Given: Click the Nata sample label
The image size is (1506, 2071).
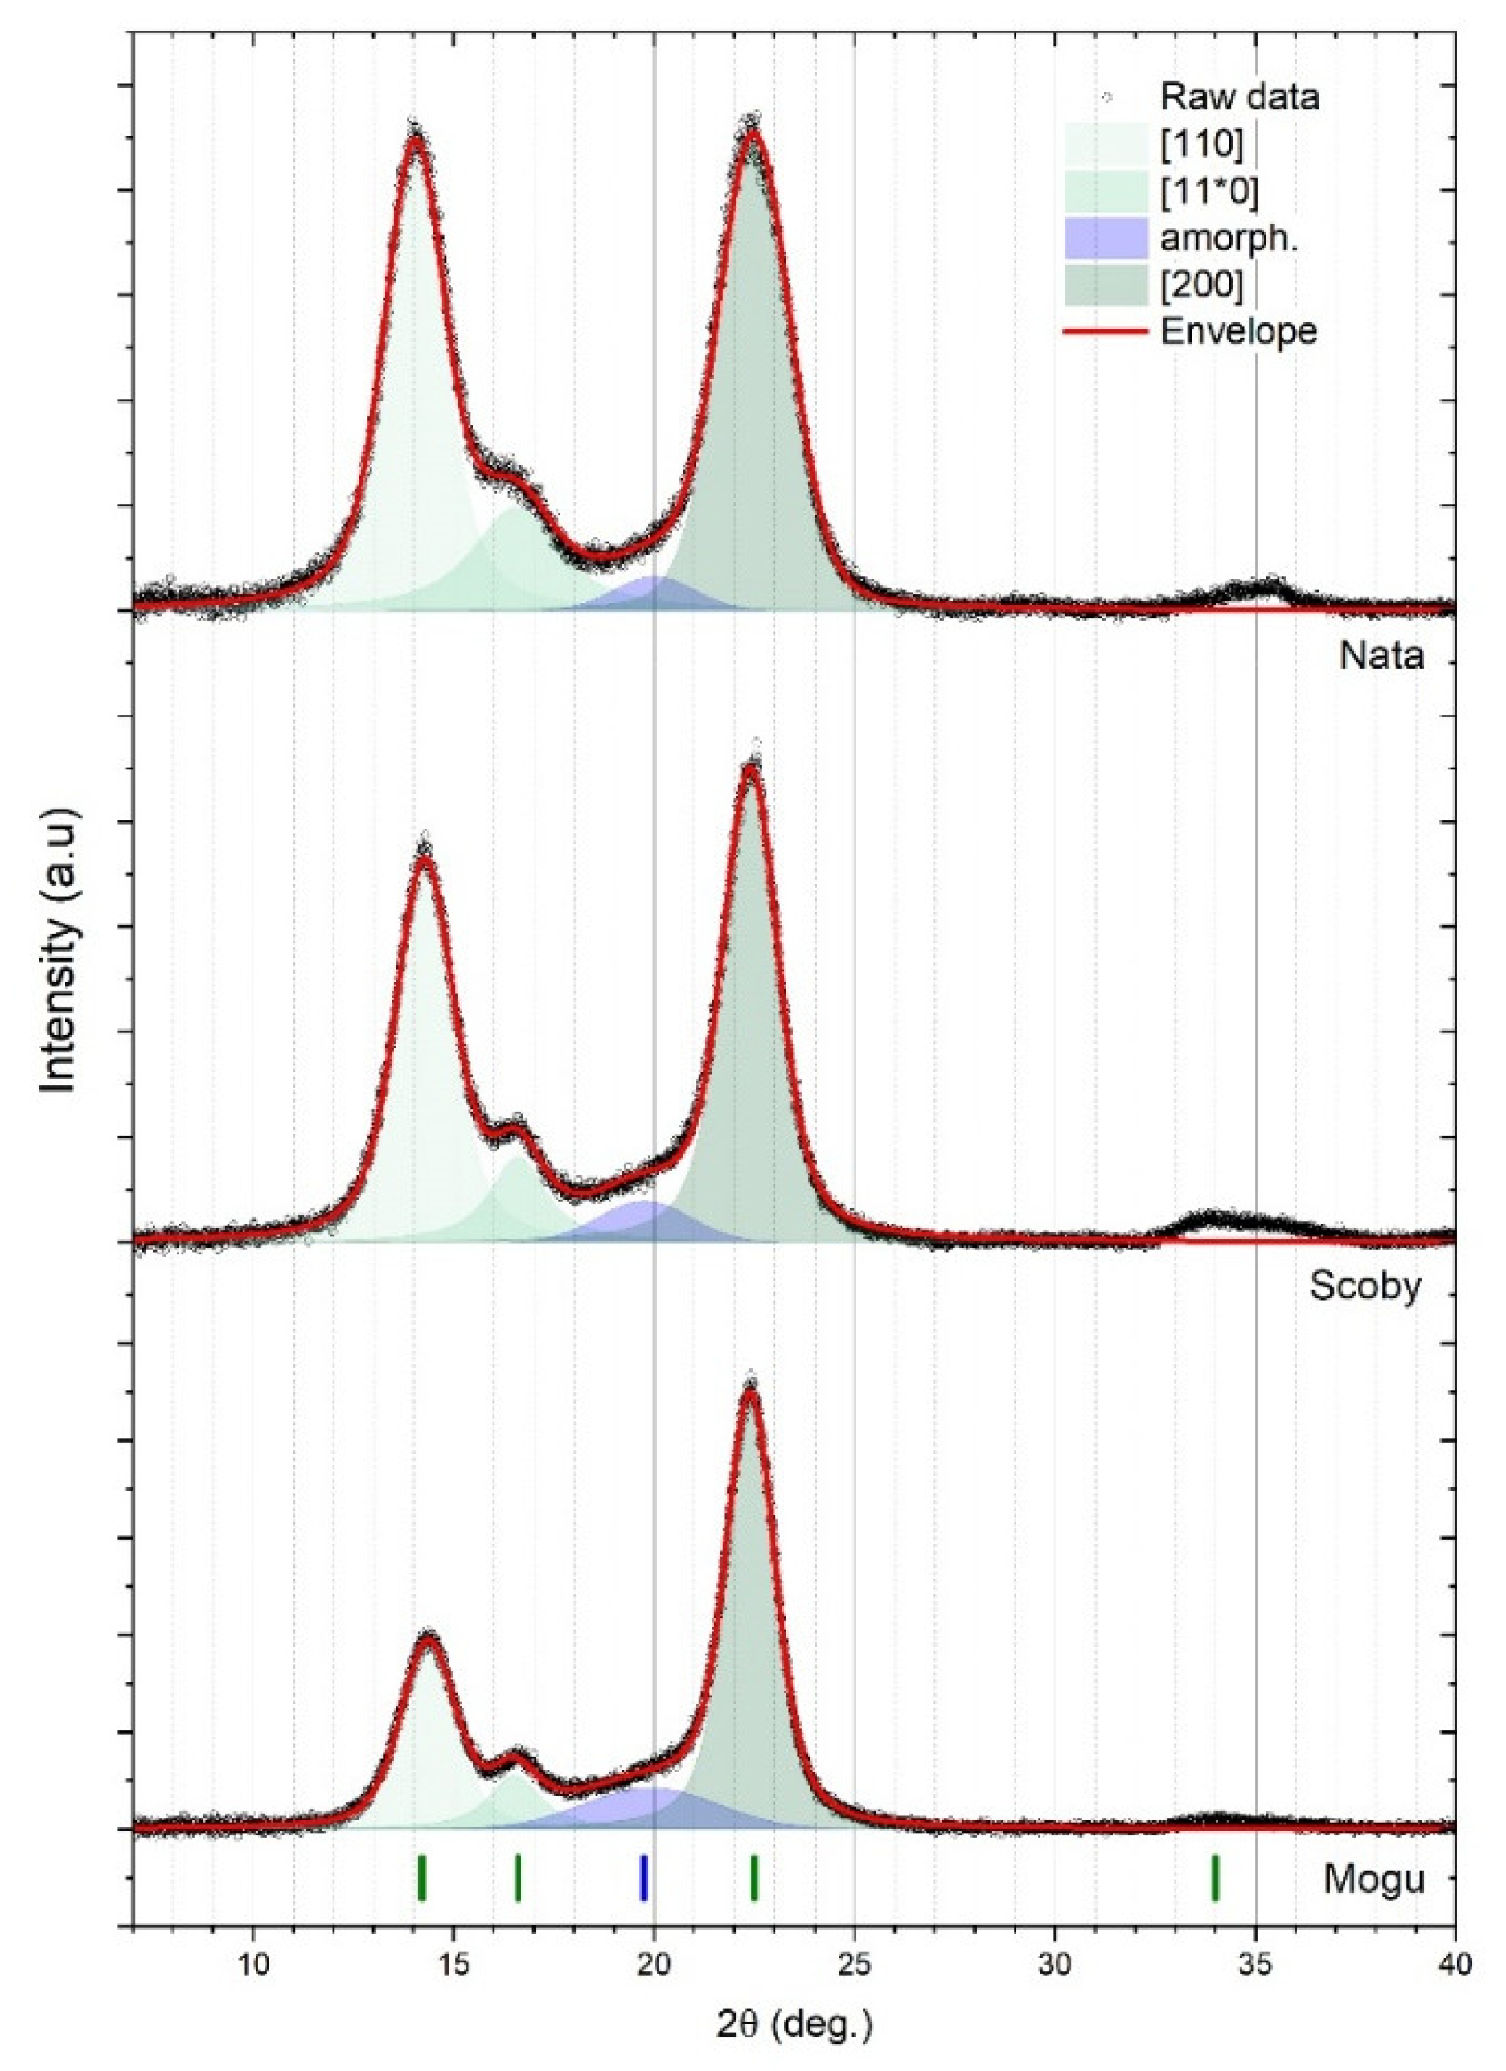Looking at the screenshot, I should (x=1381, y=656).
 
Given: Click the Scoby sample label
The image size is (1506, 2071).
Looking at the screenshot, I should (x=1364, y=1286).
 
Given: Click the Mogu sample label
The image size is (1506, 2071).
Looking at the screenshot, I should (x=1373, y=1879).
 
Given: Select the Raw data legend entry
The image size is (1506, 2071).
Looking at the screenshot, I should (x=1238, y=96).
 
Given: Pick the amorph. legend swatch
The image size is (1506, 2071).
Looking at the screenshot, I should (x=1105, y=240).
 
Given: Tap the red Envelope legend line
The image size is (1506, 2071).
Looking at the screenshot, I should (x=1105, y=331).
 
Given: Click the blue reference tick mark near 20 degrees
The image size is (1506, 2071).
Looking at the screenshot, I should (x=644, y=1877).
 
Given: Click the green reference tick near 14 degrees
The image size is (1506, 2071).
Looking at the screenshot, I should (x=421, y=1877).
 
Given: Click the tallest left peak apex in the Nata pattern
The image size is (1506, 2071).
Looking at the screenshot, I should (x=416, y=139).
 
